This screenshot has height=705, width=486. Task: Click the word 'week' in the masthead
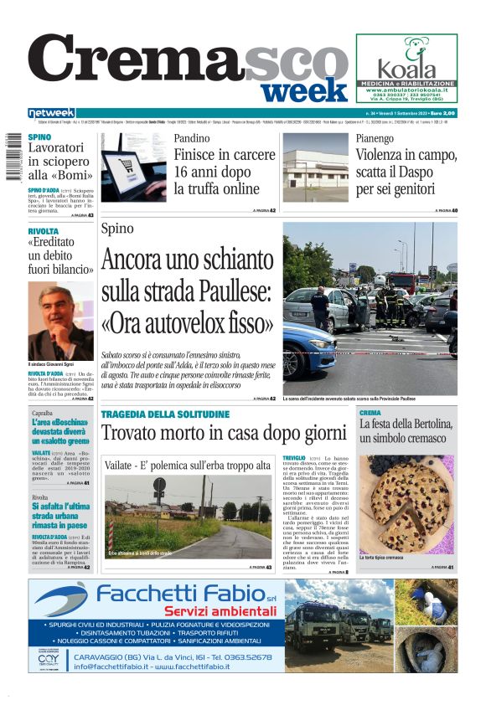point(308,89)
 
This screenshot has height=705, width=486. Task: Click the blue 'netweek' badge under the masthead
point(52,112)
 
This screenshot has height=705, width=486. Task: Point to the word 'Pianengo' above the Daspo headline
point(375,138)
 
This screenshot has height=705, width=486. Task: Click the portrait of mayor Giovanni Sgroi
point(61,321)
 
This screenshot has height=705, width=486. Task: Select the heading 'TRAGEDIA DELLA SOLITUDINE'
point(164,414)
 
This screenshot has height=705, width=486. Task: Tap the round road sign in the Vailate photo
point(159,485)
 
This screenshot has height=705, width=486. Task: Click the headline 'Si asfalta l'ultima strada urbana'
point(60,516)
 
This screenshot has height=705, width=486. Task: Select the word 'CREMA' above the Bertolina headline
point(370,413)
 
